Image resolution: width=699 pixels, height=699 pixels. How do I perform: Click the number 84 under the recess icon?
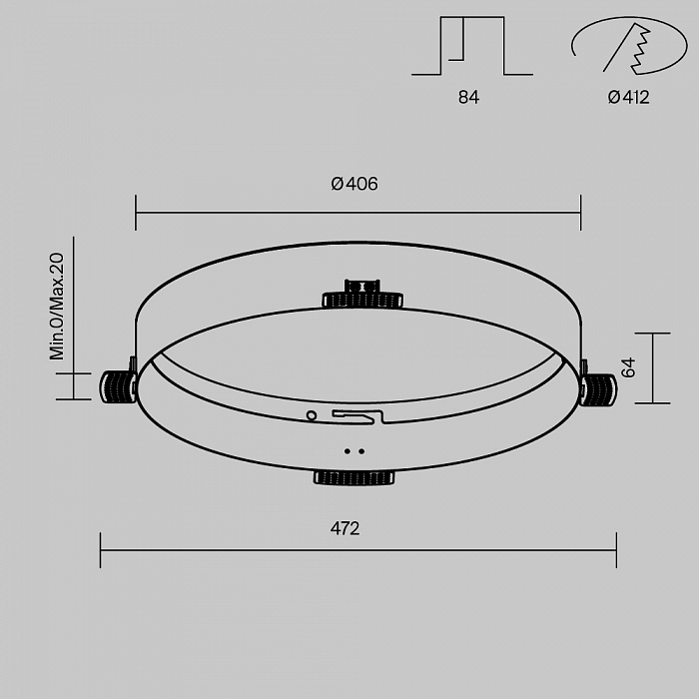[468, 98]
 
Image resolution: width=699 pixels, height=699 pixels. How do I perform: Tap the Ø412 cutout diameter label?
[627, 98]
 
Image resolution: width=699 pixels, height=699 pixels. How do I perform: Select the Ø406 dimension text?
[354, 184]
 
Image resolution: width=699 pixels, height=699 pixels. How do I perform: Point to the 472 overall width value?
[346, 528]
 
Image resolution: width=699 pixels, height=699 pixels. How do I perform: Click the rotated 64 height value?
[628, 367]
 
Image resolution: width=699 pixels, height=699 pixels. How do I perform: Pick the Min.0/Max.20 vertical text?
[57, 306]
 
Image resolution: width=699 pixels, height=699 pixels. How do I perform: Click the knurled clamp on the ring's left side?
[118, 386]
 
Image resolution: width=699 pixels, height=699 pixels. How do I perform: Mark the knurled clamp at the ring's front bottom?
[354, 477]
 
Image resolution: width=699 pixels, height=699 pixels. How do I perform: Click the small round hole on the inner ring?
[312, 414]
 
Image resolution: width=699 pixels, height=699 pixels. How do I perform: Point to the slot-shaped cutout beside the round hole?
[356, 415]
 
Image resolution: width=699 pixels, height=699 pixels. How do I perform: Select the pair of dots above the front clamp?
[354, 451]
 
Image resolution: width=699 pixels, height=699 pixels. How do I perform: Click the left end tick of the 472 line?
[101, 550]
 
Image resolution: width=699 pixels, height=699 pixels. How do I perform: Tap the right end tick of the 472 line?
[616, 550]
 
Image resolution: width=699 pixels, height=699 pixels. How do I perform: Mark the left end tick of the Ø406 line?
[136, 213]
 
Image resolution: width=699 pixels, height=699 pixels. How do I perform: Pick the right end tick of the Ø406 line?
[580, 213]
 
